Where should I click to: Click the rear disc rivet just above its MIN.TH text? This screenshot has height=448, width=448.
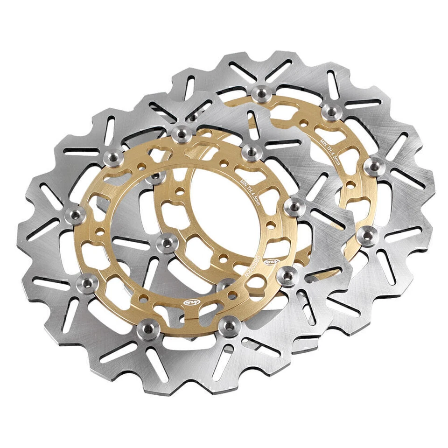(331, 112)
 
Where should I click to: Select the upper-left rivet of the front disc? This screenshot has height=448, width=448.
(112, 157)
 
